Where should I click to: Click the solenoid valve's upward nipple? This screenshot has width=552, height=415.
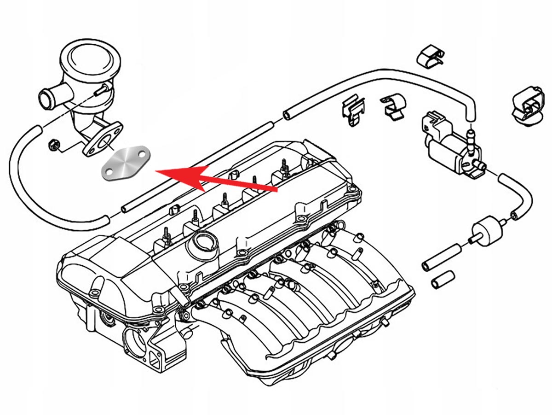coord(470,136)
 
